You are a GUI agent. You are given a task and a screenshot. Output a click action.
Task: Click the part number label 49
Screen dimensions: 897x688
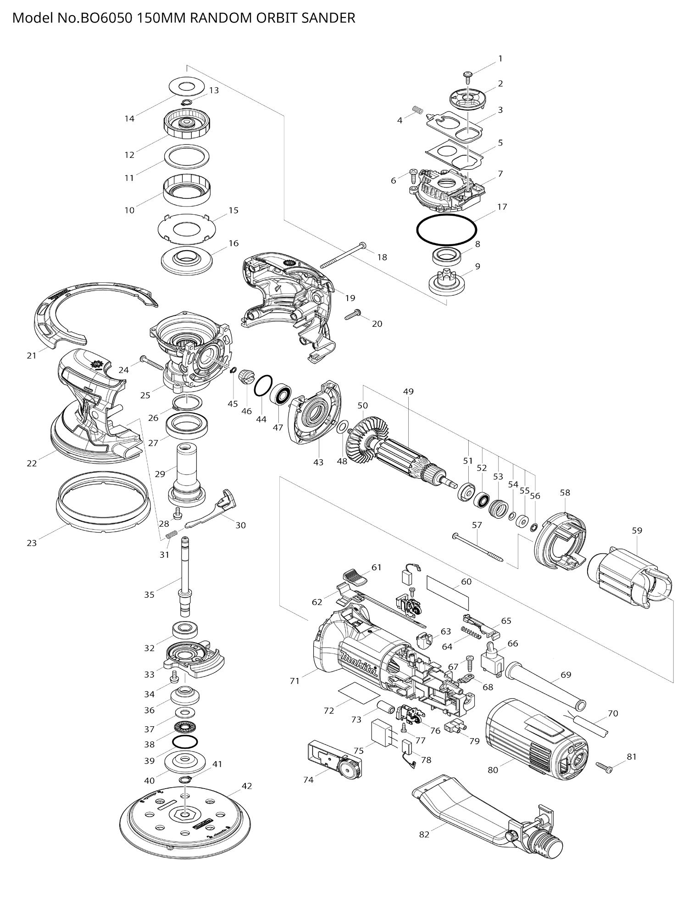[408, 392]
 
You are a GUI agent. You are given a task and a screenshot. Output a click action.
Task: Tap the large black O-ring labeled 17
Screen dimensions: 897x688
[446, 216]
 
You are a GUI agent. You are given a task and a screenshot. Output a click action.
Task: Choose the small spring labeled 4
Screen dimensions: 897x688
[417, 110]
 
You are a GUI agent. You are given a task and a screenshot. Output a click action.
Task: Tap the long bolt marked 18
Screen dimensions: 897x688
[343, 255]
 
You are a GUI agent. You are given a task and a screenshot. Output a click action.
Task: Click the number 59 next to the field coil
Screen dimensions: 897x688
[637, 530]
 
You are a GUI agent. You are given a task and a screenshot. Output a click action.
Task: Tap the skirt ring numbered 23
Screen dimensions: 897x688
[103, 501]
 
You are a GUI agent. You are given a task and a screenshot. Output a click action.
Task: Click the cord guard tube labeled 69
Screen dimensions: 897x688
[546, 687]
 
